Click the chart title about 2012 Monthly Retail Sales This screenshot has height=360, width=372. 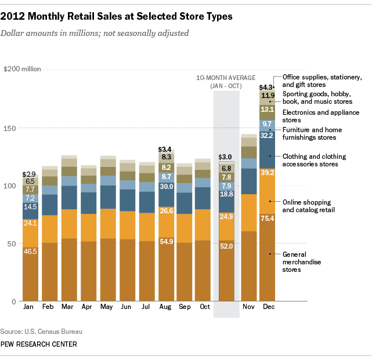point(120,17)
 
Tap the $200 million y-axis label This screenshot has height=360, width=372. point(23,69)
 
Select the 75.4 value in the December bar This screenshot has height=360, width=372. point(268,218)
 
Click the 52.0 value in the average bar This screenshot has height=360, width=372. point(226,246)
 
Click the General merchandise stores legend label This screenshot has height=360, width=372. point(303,263)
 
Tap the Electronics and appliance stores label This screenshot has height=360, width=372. point(320,116)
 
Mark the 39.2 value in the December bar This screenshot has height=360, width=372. point(268,172)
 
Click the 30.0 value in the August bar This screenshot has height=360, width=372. point(166,187)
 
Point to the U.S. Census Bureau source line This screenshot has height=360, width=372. point(42,332)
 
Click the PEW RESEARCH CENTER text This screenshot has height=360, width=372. point(39,344)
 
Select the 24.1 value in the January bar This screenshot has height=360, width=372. point(30,222)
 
